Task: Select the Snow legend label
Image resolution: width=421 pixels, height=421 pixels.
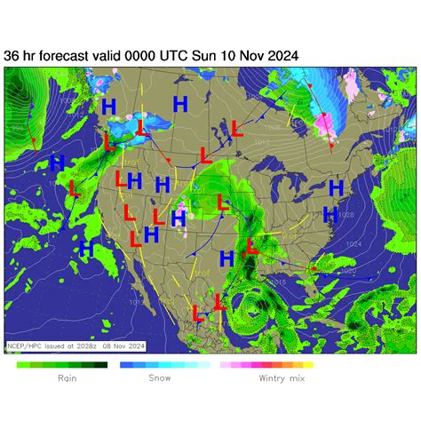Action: (159, 378)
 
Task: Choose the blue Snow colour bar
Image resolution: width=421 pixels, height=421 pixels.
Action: (153, 364)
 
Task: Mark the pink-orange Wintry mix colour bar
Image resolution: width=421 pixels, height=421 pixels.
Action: (266, 364)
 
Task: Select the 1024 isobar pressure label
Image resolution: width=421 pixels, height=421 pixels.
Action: (353, 244)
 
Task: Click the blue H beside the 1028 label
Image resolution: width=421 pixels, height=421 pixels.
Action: (330, 213)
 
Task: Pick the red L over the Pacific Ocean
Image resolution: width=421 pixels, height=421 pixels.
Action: (73, 187)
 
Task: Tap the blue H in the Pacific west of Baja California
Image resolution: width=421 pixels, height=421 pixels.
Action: (86, 248)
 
